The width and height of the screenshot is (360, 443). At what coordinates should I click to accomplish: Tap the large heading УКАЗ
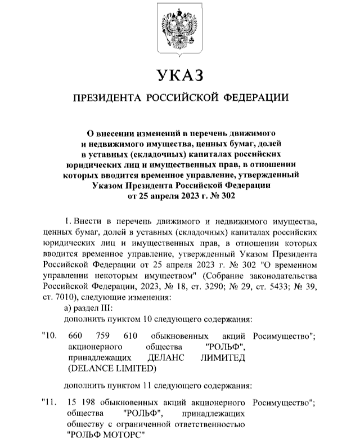(x=180, y=74)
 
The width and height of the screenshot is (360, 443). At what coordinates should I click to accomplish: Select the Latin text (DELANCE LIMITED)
(x=110, y=369)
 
